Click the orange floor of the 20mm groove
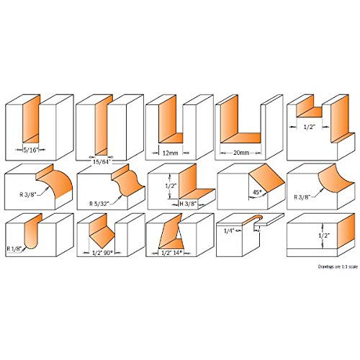point(243,139)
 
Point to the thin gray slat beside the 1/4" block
point(268,222)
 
